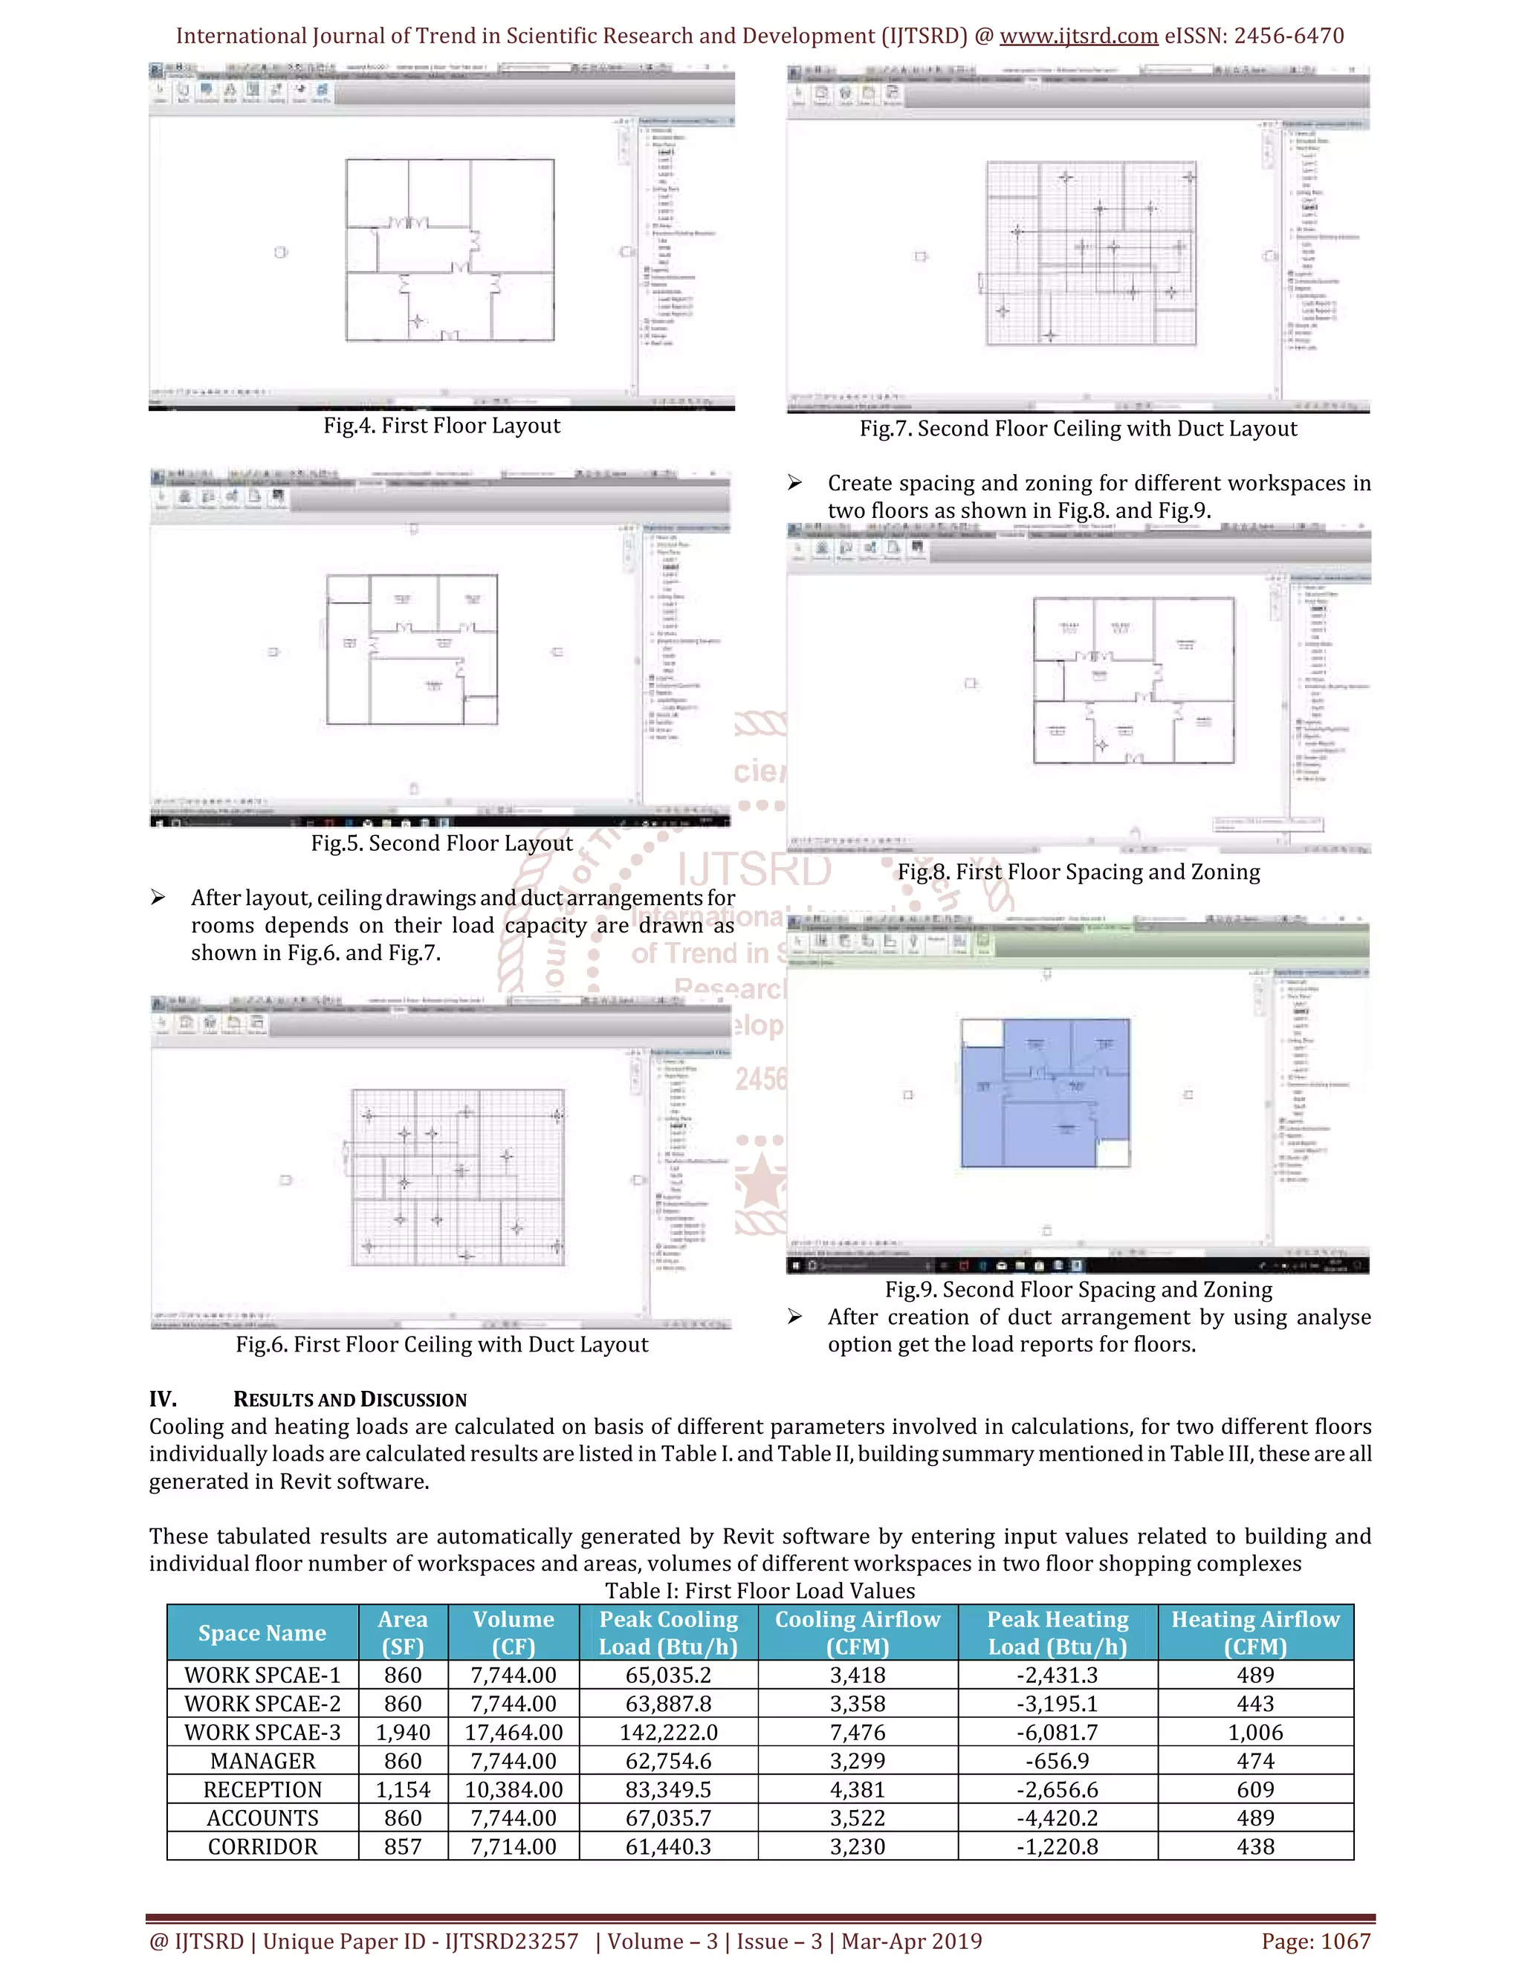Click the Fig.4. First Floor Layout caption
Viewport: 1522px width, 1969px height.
click(442, 426)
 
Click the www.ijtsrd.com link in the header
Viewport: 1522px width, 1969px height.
click(1078, 36)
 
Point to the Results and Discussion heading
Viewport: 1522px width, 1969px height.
click(350, 1399)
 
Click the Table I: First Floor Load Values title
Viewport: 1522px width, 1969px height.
click(760, 1592)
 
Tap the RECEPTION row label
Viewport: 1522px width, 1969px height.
click(262, 1790)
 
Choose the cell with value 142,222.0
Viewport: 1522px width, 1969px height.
click(668, 1733)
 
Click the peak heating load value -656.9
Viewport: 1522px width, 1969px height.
click(1057, 1761)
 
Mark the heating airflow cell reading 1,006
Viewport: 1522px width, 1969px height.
click(1255, 1733)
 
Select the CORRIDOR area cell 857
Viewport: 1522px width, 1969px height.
click(403, 1846)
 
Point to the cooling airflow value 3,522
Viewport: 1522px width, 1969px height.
click(858, 1818)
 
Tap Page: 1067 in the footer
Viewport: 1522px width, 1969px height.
click(1315, 1941)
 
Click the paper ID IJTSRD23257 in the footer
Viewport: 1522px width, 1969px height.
click(511, 1941)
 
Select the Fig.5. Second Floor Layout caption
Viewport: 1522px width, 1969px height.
click(442, 843)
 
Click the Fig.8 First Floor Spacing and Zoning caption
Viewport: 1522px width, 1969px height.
click(1078, 872)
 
